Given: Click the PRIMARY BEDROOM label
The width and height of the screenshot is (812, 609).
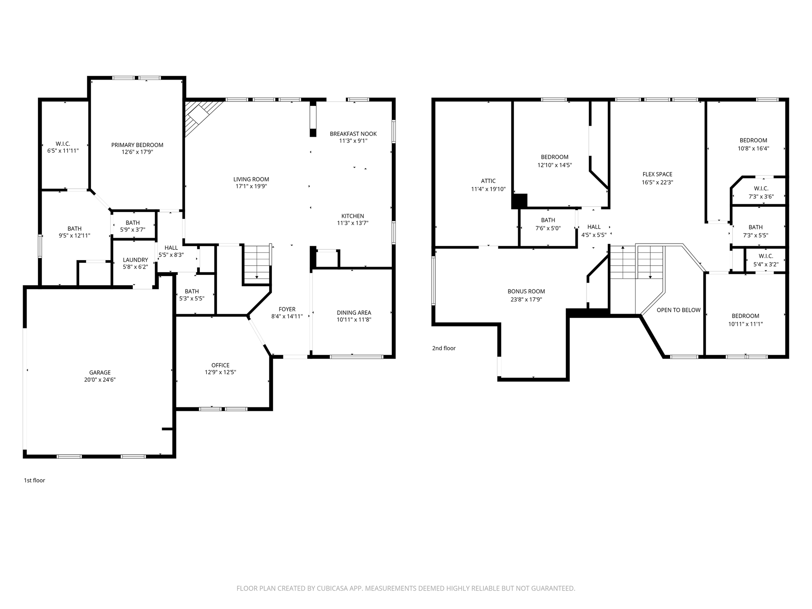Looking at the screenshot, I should pos(137,145).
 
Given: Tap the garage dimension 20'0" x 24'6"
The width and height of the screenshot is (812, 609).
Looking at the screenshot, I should pos(100,379).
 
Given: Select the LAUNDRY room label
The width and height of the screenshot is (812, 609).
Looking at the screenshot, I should pos(135,260).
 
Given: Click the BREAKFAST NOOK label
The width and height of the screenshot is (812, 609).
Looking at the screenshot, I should pos(353,134).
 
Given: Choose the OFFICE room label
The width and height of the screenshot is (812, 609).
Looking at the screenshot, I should pos(220,365).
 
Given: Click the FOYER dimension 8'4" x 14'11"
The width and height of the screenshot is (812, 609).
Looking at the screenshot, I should pos(287,316).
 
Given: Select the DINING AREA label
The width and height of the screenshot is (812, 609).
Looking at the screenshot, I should pos(354,312).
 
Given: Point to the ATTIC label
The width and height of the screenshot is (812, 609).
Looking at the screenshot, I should pos(488,181).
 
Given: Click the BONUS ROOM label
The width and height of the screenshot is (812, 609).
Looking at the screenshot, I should pos(526,291).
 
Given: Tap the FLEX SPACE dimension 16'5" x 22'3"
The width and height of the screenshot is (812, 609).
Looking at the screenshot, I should pos(657,182).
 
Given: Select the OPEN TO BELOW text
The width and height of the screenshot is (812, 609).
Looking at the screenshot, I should pos(678,310).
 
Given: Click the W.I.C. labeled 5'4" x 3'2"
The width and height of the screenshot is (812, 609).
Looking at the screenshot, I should pos(766,260).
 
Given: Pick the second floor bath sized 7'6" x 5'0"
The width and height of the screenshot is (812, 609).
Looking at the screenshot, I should pos(548,224).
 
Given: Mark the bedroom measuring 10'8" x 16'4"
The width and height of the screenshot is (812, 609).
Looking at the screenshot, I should pos(753,144).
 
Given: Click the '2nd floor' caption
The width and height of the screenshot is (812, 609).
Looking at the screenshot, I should pos(444,348).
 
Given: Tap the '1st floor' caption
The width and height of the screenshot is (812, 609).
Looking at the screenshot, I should pos(34,480).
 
